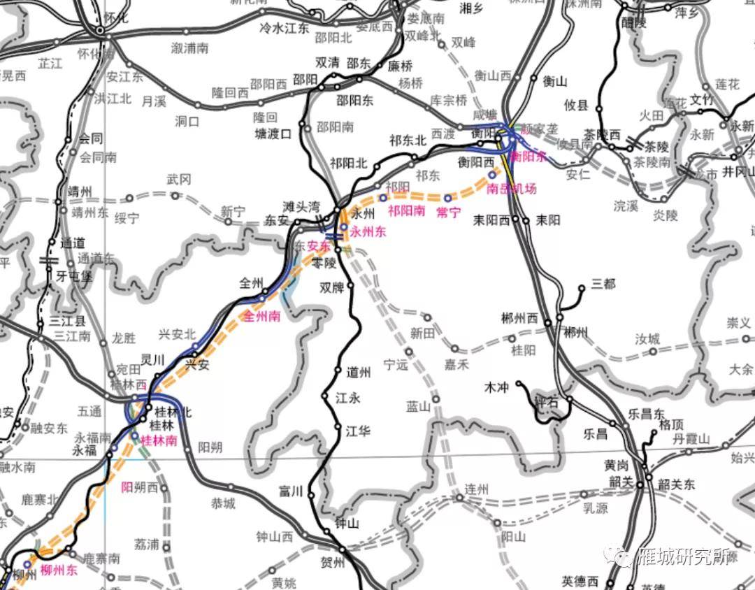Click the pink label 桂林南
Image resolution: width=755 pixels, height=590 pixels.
click(159, 441)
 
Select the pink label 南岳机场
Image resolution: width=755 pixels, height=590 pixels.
click(512, 189)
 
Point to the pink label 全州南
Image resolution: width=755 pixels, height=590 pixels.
click(261, 316)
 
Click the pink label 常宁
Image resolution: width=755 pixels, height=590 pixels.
click(448, 212)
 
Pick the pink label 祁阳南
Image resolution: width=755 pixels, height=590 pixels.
click(406, 210)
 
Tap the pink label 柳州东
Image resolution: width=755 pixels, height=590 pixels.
click(59, 570)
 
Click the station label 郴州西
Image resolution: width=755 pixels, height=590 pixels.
click(520, 318)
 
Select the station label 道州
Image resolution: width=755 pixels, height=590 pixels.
click(359, 373)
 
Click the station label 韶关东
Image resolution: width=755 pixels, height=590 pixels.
click(677, 485)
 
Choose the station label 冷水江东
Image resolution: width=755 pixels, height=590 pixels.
click(284, 28)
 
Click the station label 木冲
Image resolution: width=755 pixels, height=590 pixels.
click(498, 386)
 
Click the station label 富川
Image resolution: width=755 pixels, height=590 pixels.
click(290, 491)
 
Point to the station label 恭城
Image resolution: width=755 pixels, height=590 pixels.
click(223, 503)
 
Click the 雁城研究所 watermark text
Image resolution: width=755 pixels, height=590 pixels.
click(684, 557)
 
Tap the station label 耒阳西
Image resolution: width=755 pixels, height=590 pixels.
click(491, 220)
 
